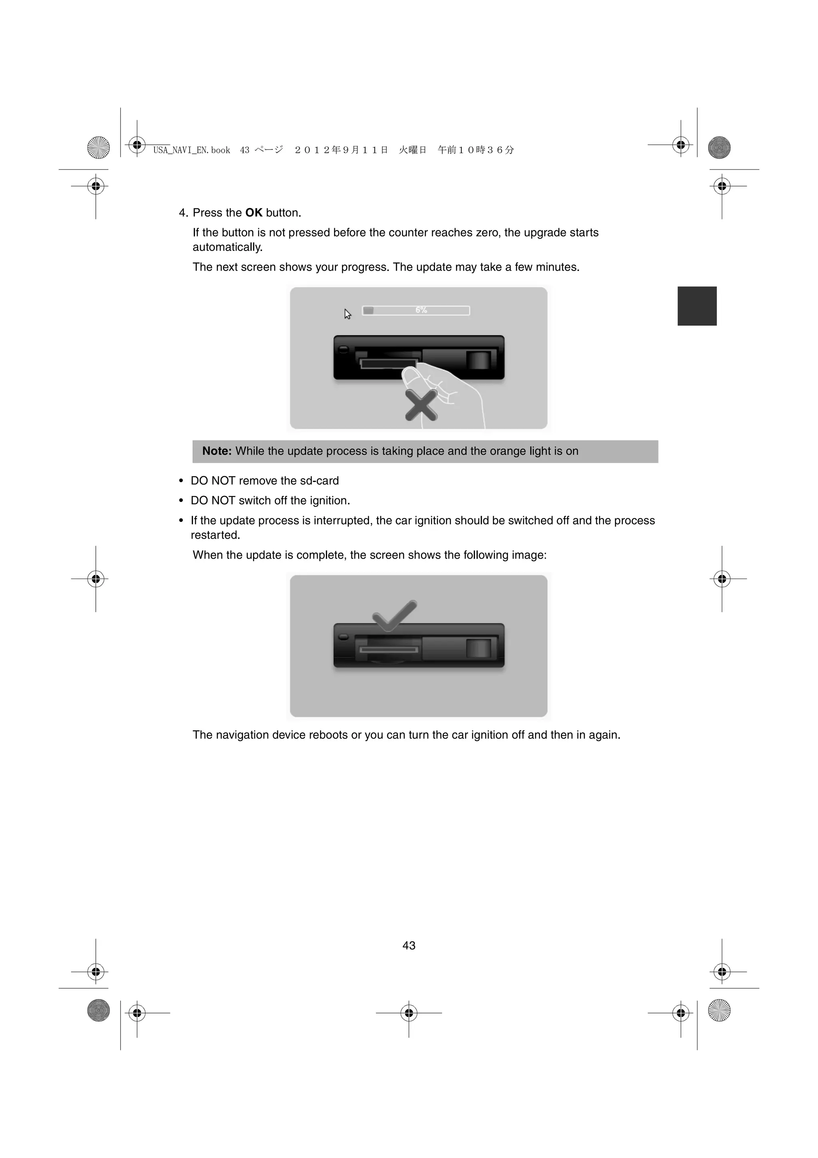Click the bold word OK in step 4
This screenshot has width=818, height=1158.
[x=254, y=213]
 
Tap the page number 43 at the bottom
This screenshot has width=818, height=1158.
[x=409, y=946]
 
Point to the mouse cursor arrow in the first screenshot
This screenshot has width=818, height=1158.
[x=347, y=314]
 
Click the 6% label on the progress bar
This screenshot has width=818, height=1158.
[x=421, y=310]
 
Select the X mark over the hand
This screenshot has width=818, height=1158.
[x=421, y=406]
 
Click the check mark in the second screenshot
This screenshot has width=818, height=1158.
[x=394, y=615]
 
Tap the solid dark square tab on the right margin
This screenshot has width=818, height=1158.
[x=697, y=306]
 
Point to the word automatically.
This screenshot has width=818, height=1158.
[x=227, y=247]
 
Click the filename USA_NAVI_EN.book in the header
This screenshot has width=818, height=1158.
[x=192, y=150]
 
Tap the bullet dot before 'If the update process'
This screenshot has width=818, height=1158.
[x=181, y=521]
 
